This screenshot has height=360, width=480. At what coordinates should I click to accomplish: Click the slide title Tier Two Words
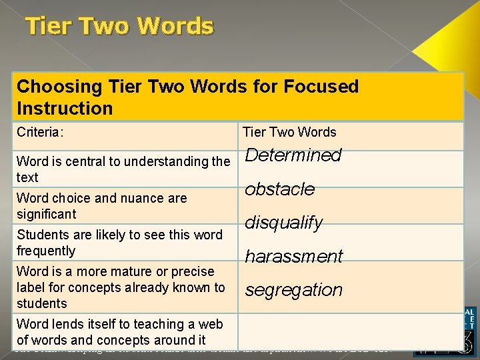(119, 27)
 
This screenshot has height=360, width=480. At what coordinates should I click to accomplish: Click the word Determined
(293, 155)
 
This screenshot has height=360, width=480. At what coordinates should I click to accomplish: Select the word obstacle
(279, 189)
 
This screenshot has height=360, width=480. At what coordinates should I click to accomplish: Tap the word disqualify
(284, 223)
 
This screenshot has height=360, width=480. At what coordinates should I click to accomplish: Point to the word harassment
(294, 257)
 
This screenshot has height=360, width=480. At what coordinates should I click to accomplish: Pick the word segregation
(294, 290)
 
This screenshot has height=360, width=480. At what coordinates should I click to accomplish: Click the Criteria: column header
(40, 132)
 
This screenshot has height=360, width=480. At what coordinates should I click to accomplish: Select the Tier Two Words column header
(289, 132)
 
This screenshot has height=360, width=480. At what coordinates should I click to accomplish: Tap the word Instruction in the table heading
(65, 108)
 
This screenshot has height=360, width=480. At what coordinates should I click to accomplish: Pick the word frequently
(46, 251)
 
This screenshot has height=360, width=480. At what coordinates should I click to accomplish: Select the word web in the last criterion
(211, 324)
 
